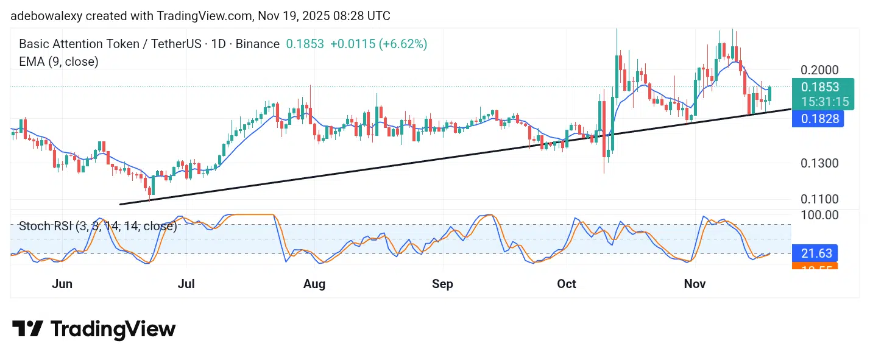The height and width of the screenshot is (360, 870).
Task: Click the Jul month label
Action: [x=185, y=284]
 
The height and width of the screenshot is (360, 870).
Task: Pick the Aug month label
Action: [x=314, y=284]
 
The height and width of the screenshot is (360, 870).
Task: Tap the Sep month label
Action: [x=443, y=284]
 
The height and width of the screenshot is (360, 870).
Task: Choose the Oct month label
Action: [x=567, y=284]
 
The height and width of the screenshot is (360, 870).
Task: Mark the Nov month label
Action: [x=695, y=284]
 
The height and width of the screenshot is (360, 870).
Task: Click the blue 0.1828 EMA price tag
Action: [x=818, y=119]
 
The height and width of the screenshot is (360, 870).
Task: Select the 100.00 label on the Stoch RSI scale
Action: [x=820, y=215]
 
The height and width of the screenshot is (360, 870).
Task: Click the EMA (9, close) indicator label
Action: [x=58, y=61]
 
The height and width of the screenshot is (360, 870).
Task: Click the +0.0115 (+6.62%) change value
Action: [x=378, y=44]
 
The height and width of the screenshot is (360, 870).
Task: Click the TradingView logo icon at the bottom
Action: [x=27, y=330]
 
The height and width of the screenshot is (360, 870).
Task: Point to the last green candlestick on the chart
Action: [x=770, y=94]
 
